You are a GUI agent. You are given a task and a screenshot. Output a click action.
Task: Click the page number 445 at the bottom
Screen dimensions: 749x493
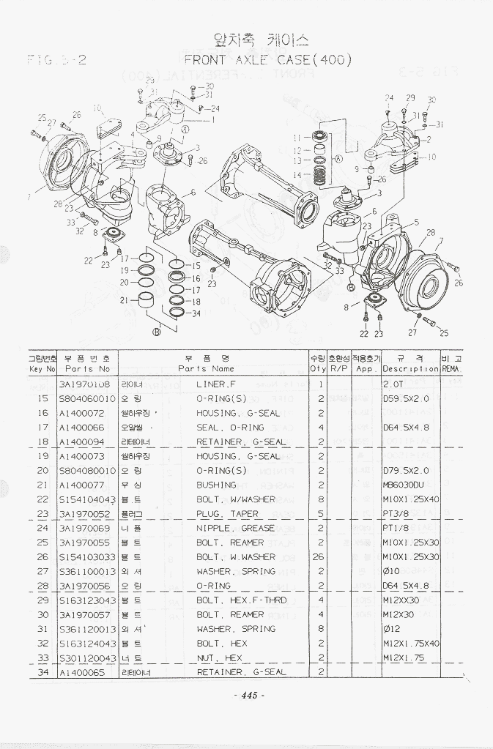click(247, 696)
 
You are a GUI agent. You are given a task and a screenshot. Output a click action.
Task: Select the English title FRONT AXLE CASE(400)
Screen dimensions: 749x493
click(267, 59)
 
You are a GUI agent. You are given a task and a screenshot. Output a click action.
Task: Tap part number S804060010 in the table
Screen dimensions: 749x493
click(87, 399)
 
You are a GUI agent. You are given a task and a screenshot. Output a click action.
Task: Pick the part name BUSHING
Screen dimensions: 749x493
click(216, 485)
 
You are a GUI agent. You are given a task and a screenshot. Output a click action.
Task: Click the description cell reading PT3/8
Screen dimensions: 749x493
click(396, 514)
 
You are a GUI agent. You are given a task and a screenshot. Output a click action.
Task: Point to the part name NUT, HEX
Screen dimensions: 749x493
click(219, 657)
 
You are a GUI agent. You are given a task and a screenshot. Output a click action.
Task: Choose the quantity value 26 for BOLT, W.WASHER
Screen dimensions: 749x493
click(319, 557)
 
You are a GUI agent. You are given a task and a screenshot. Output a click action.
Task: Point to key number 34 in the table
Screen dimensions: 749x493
click(42, 672)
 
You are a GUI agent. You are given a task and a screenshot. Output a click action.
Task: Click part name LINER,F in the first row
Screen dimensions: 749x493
click(217, 384)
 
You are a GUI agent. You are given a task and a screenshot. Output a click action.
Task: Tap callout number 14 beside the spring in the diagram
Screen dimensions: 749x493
click(297, 175)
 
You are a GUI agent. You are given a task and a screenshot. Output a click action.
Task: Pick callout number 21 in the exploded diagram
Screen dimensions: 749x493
click(124, 299)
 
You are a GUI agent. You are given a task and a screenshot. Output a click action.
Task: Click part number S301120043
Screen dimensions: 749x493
click(87, 657)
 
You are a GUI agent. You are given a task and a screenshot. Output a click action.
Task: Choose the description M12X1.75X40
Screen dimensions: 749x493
click(411, 644)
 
